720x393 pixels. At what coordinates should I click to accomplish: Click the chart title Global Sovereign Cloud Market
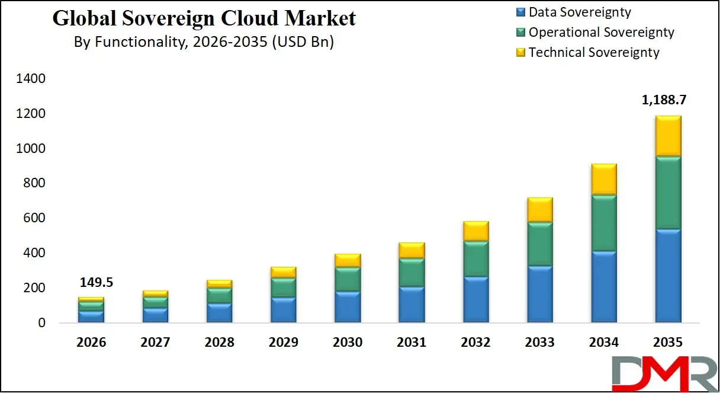204,18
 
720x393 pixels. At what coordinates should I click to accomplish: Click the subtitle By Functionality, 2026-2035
204,42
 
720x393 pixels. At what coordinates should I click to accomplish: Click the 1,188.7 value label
667,100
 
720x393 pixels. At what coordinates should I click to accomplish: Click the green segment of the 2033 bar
539,244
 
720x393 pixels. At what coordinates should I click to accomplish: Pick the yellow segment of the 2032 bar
475,231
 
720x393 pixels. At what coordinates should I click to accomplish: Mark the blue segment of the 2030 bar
348,307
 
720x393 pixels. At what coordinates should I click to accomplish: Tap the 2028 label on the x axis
219,343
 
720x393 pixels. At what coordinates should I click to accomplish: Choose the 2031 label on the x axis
412,343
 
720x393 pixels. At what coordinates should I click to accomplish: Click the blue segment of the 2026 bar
91,317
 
